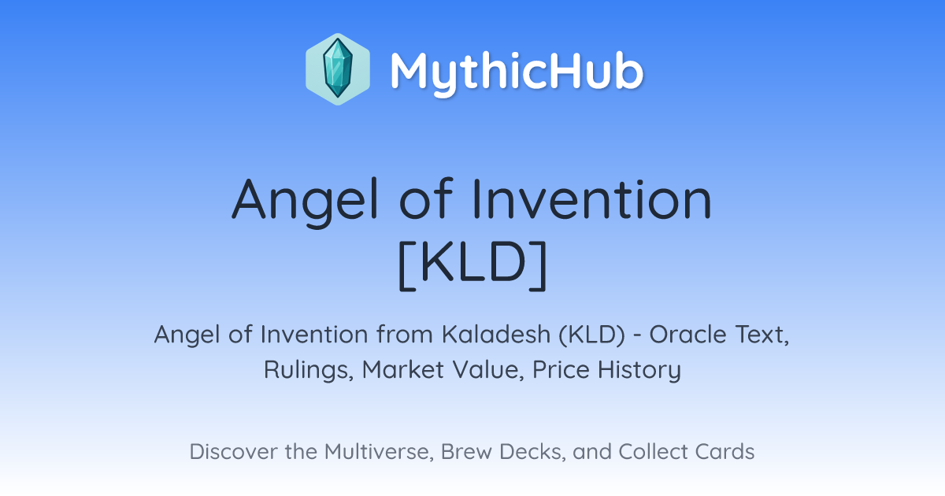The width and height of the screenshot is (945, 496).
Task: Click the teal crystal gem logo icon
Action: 338,69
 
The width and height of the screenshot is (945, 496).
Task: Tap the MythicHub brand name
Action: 517,71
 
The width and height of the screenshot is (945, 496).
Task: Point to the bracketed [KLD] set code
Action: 472,265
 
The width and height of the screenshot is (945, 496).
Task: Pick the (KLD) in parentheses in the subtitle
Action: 592,335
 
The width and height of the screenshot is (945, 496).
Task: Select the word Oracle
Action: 687,335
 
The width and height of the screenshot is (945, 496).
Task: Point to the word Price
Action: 561,369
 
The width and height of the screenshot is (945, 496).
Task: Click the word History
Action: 639,370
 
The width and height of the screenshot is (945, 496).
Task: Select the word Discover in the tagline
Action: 233,452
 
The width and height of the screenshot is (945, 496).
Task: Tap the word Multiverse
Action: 379,452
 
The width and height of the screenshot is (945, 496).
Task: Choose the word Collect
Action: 653,452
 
